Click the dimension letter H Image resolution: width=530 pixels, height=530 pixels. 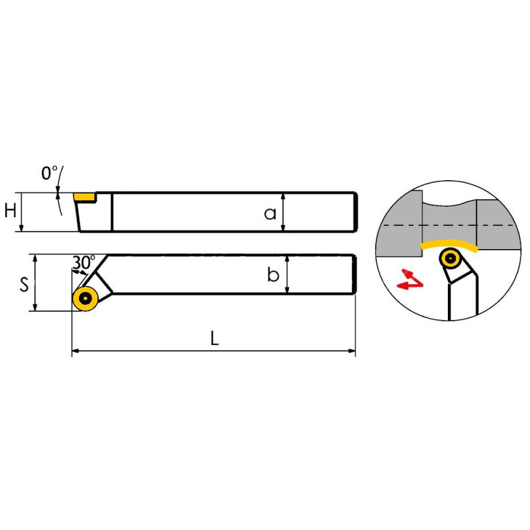[x=11, y=211]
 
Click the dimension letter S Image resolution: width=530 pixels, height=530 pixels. [x=24, y=284]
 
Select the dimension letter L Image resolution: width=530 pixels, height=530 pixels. [x=215, y=338]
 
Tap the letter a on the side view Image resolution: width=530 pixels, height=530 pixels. [x=270, y=213]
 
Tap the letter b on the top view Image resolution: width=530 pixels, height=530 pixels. [x=273, y=274]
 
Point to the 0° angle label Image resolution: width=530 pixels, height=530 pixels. [x=49, y=173]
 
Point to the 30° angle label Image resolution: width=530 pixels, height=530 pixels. [x=84, y=262]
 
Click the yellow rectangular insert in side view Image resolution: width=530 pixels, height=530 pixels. [x=85, y=197]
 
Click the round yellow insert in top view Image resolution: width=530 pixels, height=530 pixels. [x=85, y=299]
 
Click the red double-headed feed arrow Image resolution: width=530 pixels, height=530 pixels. [x=410, y=280]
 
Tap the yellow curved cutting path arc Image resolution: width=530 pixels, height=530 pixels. [x=450, y=244]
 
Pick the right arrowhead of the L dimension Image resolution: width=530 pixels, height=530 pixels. [x=352, y=351]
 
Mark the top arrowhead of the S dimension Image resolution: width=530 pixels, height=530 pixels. [x=35, y=258]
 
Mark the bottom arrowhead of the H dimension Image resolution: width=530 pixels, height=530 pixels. [x=21, y=228]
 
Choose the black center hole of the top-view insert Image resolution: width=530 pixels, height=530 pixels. [x=85, y=299]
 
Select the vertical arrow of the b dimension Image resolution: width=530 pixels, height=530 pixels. [x=287, y=274]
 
